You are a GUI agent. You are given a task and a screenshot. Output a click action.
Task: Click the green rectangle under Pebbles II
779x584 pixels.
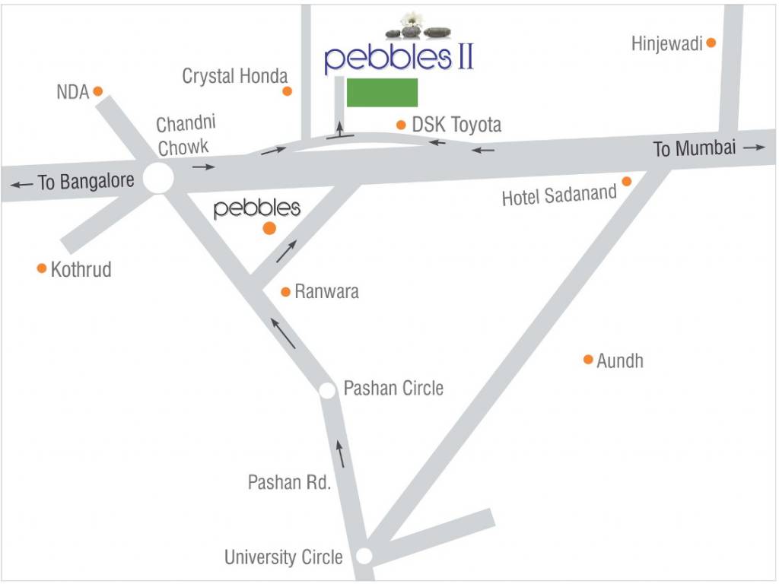tap(382, 92)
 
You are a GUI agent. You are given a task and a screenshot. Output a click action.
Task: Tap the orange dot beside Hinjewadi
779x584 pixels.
tap(711, 43)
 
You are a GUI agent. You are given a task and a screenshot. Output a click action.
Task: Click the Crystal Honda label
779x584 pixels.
tap(235, 76)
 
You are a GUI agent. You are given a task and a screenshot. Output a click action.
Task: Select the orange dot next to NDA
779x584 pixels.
tap(97, 91)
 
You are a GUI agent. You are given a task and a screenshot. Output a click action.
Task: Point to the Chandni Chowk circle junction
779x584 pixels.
tap(158, 179)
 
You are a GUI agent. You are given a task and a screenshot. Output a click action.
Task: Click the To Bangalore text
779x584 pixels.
tap(86, 182)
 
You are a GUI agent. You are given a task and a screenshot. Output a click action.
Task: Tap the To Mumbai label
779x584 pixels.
tap(695, 148)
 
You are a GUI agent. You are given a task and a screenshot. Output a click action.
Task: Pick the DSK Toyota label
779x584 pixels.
tap(456, 124)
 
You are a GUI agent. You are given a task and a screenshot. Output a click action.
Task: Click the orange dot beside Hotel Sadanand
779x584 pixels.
tap(627, 181)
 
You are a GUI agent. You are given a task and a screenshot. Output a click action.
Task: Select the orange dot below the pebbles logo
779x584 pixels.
tap(269, 229)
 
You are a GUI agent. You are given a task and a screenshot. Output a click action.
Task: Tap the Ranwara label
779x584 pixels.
tap(326, 291)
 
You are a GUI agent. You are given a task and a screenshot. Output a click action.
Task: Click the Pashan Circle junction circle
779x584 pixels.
tap(328, 390)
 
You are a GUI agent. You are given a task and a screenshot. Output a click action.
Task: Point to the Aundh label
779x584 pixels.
tap(620, 360)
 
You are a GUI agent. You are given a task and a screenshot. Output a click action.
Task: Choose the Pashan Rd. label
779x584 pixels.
tap(289, 482)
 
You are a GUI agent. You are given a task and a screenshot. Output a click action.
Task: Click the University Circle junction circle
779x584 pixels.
tap(364, 556)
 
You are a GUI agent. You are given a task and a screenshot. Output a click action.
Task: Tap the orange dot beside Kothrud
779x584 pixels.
tap(42, 268)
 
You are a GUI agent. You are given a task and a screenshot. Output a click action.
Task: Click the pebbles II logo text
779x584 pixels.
tap(399, 58)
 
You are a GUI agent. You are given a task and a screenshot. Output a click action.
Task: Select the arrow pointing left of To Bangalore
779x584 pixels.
tap(22, 184)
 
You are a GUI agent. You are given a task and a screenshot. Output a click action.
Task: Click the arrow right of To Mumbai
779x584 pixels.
tap(754, 148)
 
